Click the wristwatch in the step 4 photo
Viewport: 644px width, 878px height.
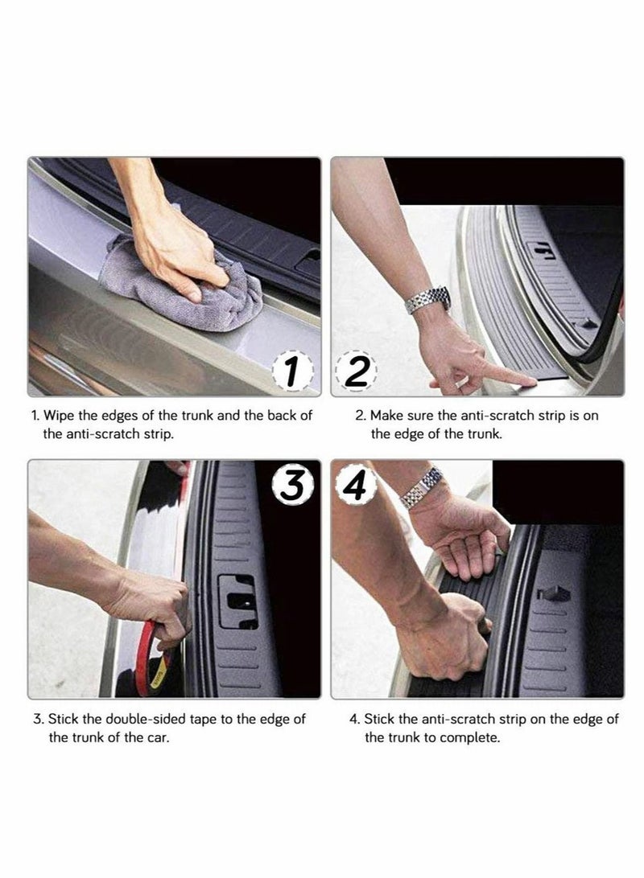click(x=422, y=488)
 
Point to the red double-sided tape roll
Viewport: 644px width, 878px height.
click(x=156, y=658)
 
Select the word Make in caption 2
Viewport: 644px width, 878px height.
click(x=386, y=416)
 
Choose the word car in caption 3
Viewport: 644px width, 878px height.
click(x=158, y=738)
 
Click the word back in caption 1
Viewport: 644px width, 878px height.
click(x=282, y=416)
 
